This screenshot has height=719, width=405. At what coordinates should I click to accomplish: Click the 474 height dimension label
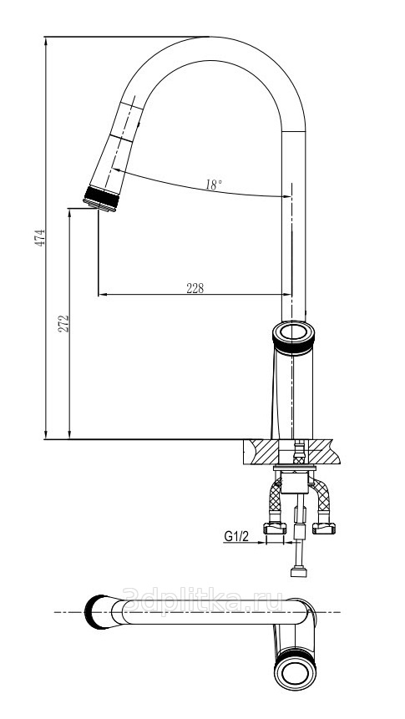(40, 238)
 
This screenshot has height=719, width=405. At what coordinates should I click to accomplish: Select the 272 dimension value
(63, 323)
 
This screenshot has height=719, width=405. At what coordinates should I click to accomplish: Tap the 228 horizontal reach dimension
(195, 288)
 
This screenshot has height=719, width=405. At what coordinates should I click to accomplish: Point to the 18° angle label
(214, 185)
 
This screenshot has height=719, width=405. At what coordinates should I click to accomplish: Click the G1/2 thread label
(236, 535)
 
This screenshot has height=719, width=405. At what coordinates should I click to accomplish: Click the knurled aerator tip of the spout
(101, 200)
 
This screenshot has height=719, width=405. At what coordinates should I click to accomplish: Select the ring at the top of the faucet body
(294, 337)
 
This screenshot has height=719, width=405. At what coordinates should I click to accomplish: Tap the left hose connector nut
(275, 529)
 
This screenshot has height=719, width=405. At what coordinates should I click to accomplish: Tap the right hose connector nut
(324, 529)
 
